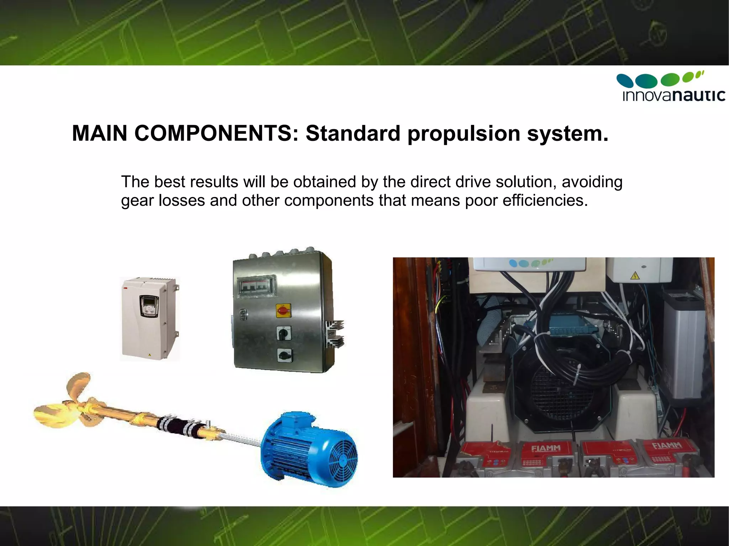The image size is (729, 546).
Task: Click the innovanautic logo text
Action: [673, 95]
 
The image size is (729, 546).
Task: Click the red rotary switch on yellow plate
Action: [283, 311]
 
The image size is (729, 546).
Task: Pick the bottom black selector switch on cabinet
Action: [284, 355]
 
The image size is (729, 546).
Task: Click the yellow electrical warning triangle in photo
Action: [634, 276]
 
